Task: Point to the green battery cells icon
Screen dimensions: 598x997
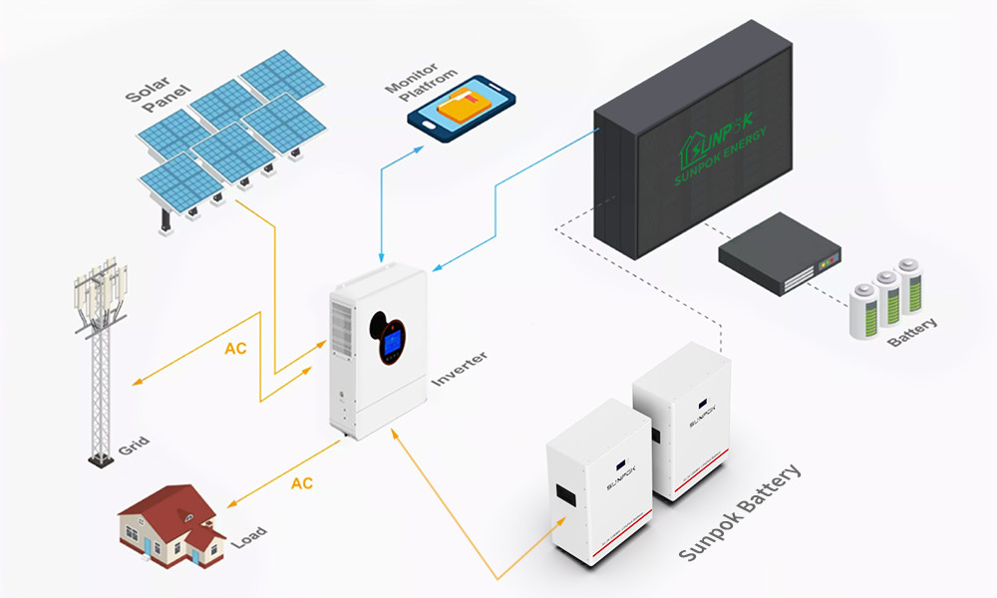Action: point(885,296)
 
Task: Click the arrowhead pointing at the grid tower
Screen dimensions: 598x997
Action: point(136,382)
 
